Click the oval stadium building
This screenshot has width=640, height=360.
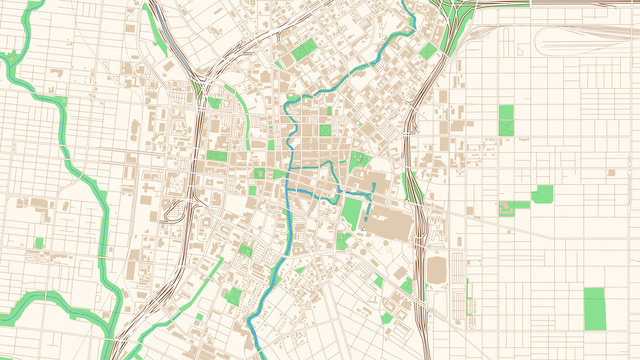438,270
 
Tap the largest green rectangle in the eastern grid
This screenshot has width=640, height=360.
594,308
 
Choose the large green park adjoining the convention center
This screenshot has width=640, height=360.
352,212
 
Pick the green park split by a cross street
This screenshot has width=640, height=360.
506,120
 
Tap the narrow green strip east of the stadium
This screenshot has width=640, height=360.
467,291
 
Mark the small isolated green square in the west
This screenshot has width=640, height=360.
39,243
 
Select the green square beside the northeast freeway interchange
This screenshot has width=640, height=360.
428,51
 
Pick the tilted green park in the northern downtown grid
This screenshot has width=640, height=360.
304,49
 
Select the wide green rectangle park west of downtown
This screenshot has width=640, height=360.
217,156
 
